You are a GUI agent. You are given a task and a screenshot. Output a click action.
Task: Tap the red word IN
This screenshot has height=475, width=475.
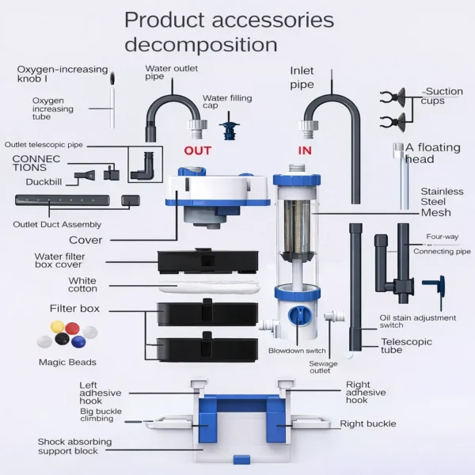tap(305, 150)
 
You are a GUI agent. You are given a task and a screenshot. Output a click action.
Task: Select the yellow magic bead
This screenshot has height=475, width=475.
tap(56, 326)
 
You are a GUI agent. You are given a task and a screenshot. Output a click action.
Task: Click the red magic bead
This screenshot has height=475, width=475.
tap(72, 327)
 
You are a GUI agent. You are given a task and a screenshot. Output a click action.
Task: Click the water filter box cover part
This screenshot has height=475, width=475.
tap(207, 259)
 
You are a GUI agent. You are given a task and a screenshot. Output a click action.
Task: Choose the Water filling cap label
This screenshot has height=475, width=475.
tap(226, 101)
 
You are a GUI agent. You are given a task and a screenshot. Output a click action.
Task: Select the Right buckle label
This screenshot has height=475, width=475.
tap(368, 424)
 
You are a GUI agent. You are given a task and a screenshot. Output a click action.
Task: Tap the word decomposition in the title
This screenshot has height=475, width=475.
tap(200, 44)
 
